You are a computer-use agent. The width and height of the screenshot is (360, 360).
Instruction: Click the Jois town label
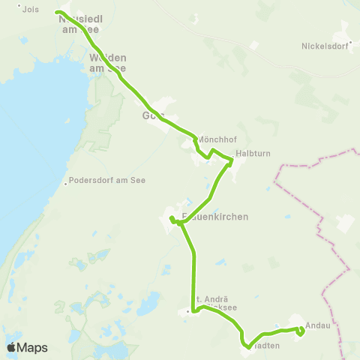coord(31,10)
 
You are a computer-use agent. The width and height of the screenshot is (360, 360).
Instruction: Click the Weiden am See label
coord(107,63)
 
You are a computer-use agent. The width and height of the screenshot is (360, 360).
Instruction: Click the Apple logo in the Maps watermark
coord(12,347)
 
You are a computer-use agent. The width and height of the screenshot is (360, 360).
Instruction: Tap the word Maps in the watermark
coord(32,348)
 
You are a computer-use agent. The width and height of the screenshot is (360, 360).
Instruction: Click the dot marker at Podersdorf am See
coord(67,181)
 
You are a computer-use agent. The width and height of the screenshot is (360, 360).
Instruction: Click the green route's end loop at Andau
coord(300,331)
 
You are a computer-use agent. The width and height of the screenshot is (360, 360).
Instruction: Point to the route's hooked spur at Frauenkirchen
coord(172,219)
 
